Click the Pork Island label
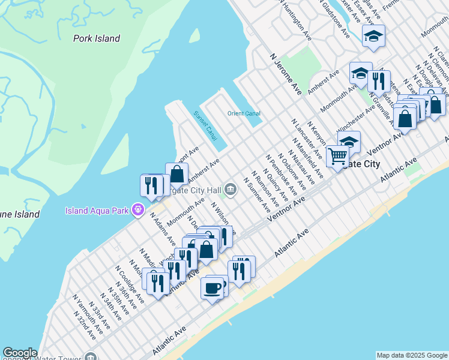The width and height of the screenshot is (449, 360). [97, 38]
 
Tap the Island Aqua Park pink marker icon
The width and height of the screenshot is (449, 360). [139, 210]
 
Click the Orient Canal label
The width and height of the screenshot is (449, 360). [244, 113]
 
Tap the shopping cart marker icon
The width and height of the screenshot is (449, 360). [337, 156]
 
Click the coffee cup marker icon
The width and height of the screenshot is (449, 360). [212, 288]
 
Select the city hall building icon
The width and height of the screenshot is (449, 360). [232, 190]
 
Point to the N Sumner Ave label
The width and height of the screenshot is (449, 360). [258, 195]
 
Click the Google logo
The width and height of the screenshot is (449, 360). [20, 353]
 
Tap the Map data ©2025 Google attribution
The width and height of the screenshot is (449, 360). [412, 355]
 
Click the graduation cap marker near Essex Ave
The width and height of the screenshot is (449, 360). [373, 37]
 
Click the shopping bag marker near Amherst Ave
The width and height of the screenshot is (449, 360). [176, 175]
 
